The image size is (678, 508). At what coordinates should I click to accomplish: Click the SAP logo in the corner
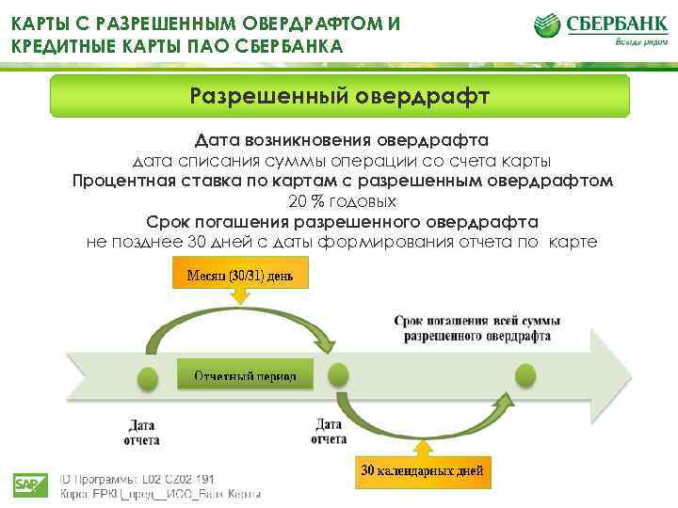click(x=29, y=485)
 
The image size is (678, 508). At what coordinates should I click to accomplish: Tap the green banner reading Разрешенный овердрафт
click(x=339, y=96)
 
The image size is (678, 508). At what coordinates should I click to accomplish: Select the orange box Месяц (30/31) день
click(x=240, y=276)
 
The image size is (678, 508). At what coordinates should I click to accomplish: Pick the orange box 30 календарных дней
click(x=424, y=470)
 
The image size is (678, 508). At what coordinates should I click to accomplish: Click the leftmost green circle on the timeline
click(x=147, y=378)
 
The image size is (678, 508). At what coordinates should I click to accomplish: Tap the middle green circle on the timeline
click(x=336, y=375)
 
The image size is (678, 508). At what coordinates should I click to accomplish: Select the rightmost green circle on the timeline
click(x=525, y=375)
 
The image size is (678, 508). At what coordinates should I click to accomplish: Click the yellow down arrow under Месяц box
click(x=240, y=295)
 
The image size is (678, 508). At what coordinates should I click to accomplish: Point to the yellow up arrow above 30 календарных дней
click(x=423, y=447)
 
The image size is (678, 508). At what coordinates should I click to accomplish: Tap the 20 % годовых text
click(x=342, y=201)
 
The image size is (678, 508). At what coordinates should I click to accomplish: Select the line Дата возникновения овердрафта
click(x=342, y=140)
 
